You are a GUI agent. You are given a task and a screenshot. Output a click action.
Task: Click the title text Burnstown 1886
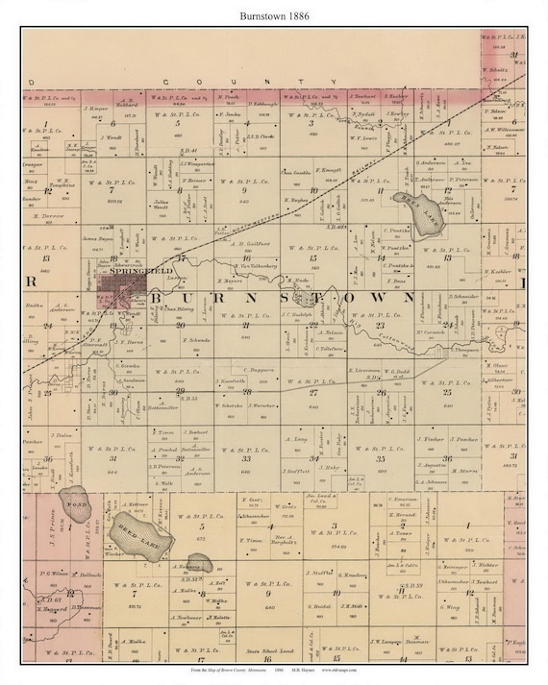pyautogui.click(x=274, y=12)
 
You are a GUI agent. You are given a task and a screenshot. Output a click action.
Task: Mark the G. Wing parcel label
pyautogui.click(x=451, y=606)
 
